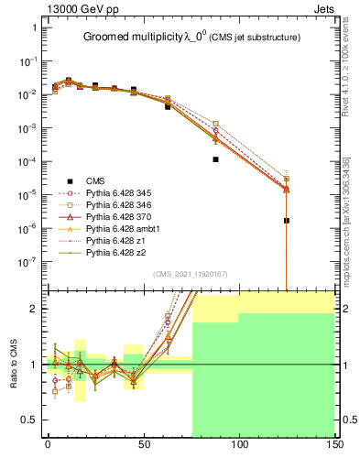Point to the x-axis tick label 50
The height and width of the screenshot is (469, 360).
point(142,445)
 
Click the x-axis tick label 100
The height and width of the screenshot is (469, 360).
point(238,445)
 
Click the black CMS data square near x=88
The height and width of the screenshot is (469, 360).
point(216,159)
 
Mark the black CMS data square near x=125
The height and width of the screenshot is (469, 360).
point(287,221)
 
